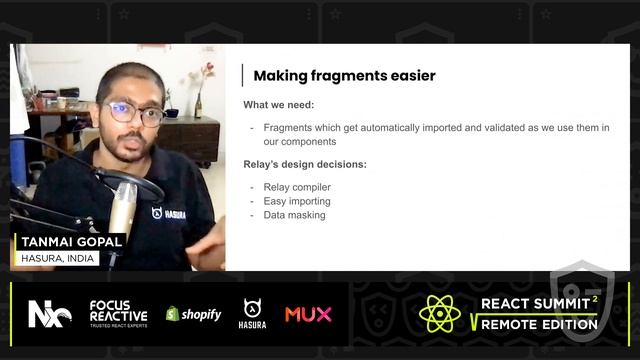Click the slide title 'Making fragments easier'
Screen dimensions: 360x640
(344, 75)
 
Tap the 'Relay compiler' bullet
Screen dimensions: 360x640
(297, 187)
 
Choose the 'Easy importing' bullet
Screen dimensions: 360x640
(297, 201)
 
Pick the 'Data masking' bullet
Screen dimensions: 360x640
(293, 215)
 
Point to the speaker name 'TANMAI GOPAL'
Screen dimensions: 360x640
(71, 242)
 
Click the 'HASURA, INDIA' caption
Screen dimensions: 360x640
(59, 258)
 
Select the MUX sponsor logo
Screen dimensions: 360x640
(308, 314)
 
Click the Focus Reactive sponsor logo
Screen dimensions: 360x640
(118, 312)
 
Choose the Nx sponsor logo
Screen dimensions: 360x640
(49, 313)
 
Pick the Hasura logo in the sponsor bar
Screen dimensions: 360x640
(253, 313)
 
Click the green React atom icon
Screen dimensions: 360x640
(440, 313)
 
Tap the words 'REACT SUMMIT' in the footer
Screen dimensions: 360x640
(534, 303)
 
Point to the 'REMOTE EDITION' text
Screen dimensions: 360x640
(539, 324)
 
